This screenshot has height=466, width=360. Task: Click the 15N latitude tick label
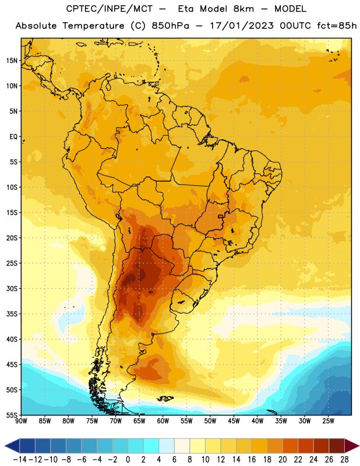12,61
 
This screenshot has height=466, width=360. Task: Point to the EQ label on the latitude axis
13,137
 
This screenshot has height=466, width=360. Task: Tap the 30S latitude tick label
12,288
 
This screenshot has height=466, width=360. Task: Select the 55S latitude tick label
12,415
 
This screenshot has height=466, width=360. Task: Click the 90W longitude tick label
21,421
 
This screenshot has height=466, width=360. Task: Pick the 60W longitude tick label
163,421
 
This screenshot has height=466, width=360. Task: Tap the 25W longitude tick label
328,421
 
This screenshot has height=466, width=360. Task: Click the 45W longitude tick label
234,421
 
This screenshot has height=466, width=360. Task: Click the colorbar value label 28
344,460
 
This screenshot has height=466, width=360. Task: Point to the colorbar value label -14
20,460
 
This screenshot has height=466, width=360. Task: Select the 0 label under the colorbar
128,460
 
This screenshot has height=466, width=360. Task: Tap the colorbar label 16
252,460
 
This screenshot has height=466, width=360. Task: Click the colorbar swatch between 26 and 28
337,446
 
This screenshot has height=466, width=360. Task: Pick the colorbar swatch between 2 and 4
151,446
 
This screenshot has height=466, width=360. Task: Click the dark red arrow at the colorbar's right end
351,446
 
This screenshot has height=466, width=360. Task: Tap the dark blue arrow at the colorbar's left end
12,446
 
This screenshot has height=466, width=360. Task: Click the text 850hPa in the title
170,26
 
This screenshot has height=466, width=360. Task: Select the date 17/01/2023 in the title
242,26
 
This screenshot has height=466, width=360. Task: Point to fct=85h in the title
337,26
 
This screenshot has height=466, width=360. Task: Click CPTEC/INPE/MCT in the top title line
109,9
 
